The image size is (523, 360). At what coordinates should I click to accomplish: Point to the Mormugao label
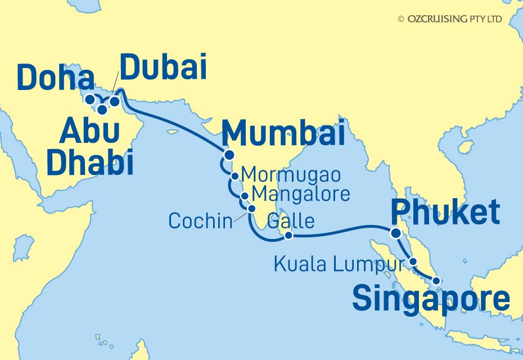coord(290,175)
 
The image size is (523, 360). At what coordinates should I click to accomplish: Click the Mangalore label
coord(301,194)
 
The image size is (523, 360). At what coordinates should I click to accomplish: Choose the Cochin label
coord(200,221)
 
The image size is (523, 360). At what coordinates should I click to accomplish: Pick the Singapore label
coord(431,299)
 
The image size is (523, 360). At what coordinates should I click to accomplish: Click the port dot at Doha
coord(89,100)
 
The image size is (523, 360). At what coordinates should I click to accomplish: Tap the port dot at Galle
coord(288,236)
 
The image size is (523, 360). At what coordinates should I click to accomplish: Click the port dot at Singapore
coord(436,281)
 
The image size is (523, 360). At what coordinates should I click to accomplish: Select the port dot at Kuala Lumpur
coord(413,262)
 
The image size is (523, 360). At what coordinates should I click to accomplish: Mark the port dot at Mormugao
coord(235,176)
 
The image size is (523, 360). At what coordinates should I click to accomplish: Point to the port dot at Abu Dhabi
coord(102,110)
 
